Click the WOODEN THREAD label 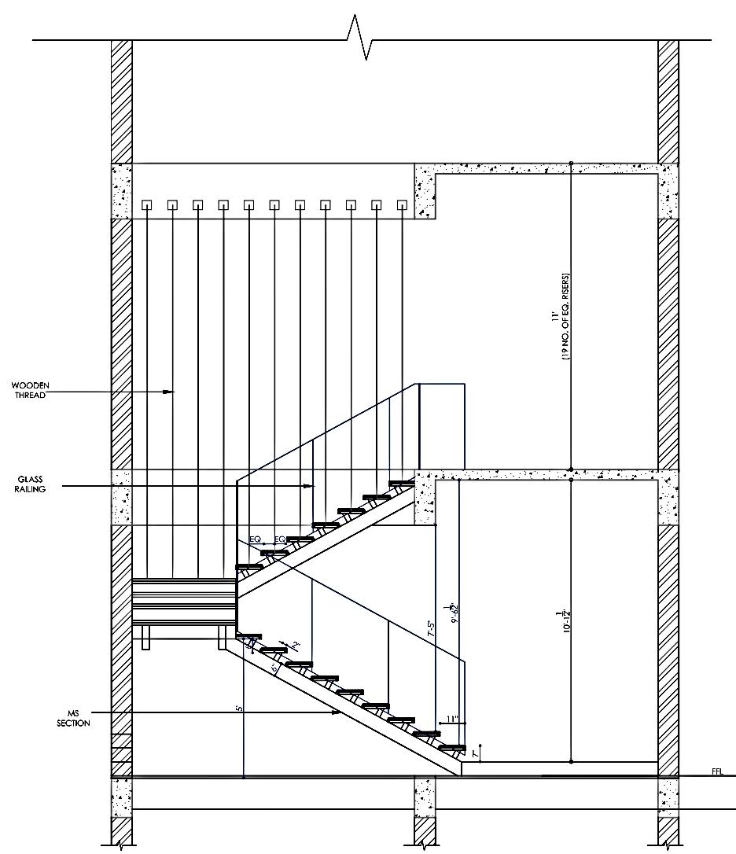point(29,390)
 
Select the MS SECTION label point(73,718)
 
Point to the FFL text point(716,772)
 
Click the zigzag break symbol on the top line point(360,38)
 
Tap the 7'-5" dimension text point(431,629)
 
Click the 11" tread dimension point(451,719)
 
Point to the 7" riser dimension point(474,753)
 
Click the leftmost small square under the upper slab point(147,205)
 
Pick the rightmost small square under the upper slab point(402,205)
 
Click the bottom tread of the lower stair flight point(452,747)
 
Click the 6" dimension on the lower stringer point(274,668)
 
